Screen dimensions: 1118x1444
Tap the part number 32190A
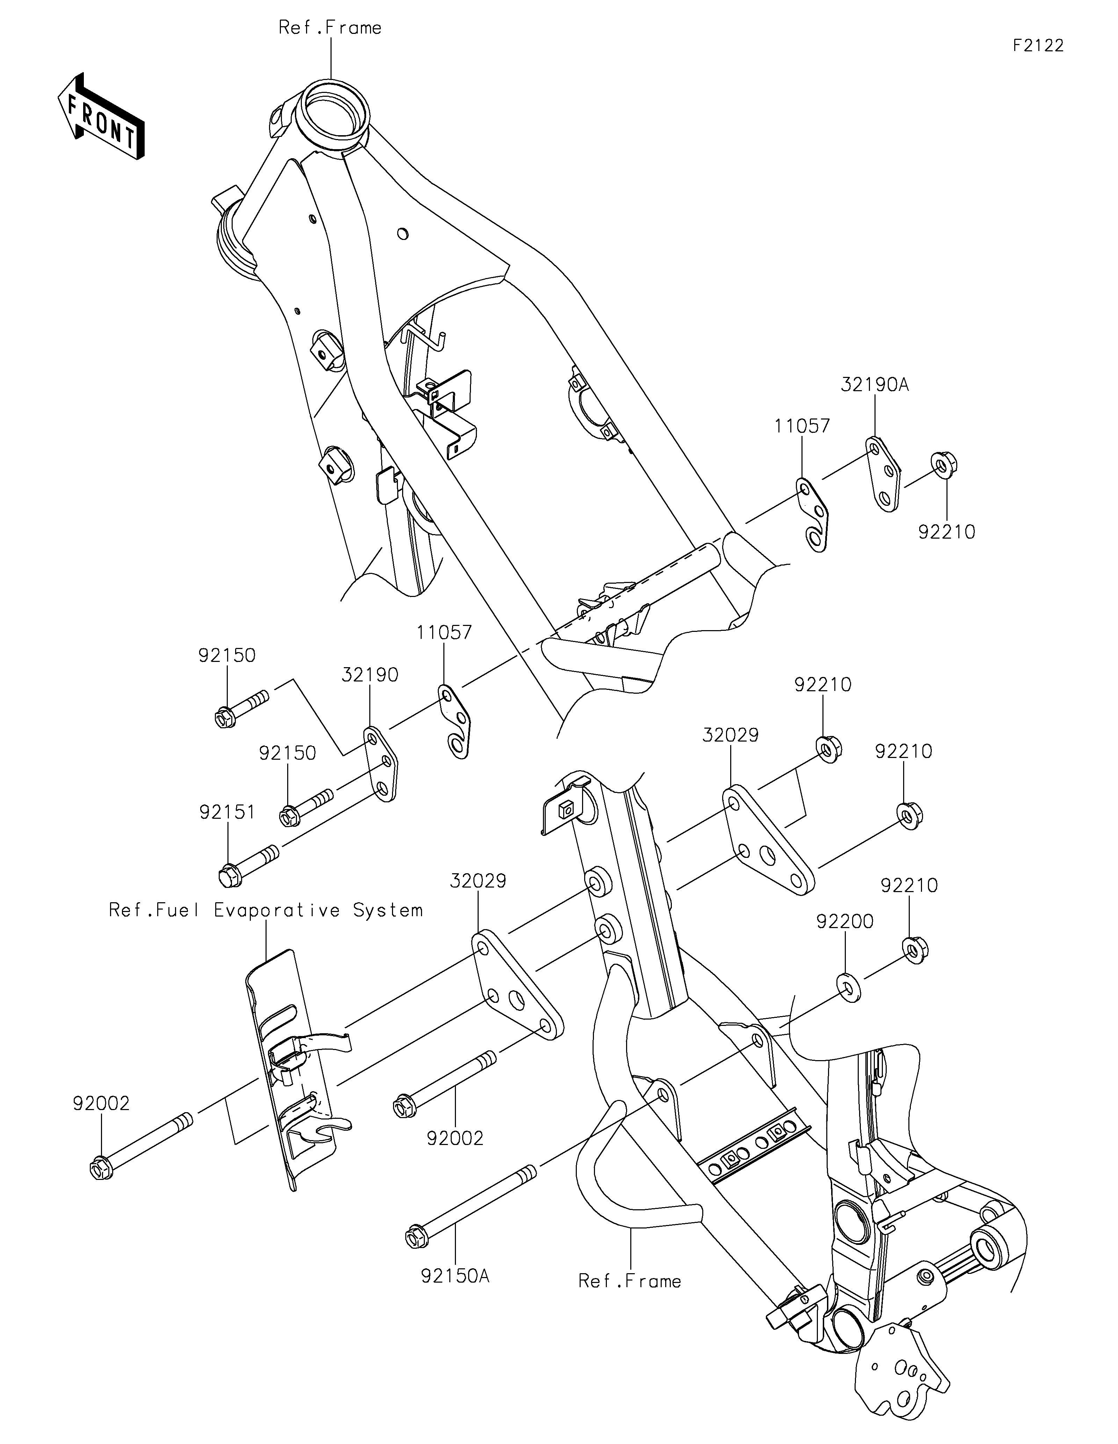coord(875,385)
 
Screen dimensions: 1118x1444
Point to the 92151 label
coord(227,812)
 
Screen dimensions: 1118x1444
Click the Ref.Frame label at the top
coord(330,28)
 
